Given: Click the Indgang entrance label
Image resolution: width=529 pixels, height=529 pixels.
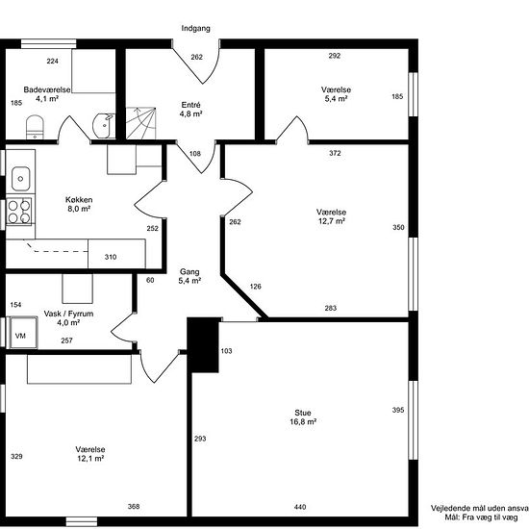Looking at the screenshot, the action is point(195,28).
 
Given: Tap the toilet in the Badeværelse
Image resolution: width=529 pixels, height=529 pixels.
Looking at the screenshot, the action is point(35,127).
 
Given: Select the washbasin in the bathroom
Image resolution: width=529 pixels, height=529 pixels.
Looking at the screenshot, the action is point(104,126).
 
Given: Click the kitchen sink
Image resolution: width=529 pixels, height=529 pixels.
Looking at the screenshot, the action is point(20,179).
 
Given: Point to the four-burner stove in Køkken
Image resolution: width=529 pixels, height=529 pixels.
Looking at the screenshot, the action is point(19,212).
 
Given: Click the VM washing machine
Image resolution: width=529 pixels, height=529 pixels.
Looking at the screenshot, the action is point(23,333).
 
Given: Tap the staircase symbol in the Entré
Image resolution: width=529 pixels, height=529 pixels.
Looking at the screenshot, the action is point(141,123).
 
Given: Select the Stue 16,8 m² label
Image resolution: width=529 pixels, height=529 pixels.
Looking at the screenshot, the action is point(303,417).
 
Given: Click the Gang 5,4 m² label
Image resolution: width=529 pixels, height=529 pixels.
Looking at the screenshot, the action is point(189,276).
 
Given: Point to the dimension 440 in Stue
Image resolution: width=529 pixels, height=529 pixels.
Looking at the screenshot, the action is point(300,507).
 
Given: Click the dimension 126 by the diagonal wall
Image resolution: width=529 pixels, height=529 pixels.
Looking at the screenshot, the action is point(256,287).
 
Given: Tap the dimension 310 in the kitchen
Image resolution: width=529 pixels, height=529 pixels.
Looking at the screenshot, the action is point(111,257).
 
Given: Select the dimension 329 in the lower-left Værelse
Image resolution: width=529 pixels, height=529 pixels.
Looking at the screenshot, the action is point(16,457).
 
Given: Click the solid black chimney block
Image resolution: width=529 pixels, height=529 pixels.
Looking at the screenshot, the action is point(203,344).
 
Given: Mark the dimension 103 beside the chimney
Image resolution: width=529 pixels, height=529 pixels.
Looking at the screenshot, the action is point(226,351).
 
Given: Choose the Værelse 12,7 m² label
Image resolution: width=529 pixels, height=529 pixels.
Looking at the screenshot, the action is point(331,216).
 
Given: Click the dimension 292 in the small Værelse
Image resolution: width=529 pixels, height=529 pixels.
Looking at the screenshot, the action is point(335,56).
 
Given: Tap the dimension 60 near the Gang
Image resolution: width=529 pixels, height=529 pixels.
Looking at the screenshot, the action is point(150,280).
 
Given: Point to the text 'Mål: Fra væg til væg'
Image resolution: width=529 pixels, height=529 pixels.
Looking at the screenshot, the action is point(481,517).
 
